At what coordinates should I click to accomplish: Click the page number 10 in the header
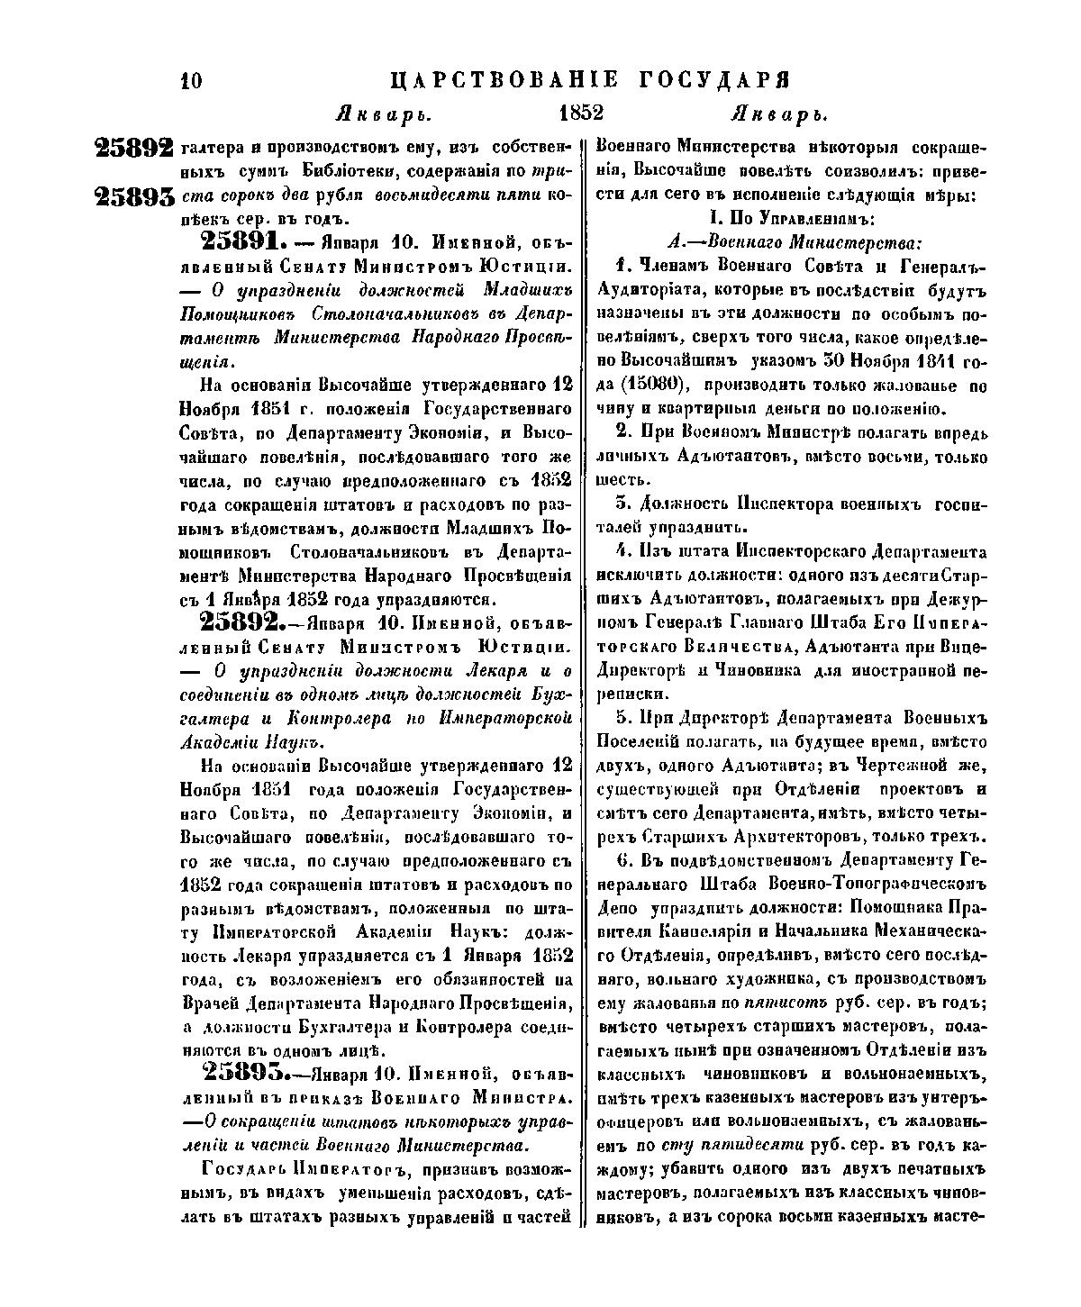191,80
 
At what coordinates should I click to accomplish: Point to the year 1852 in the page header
580,114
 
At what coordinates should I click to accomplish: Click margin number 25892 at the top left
134,149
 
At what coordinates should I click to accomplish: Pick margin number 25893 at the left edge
134,197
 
